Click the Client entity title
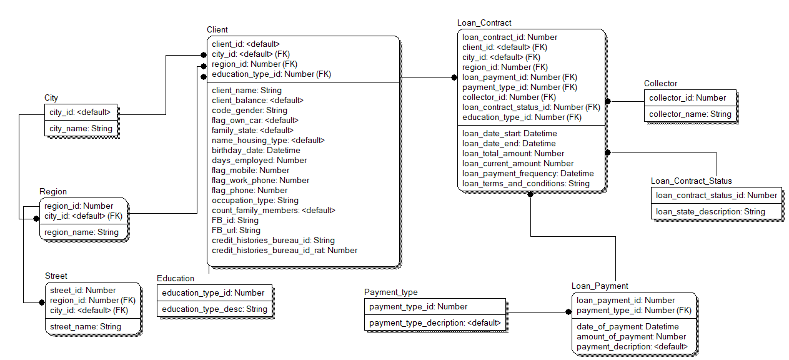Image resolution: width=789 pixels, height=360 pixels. (217, 29)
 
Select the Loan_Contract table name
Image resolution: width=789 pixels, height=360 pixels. (484, 23)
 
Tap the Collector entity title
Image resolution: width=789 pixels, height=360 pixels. (660, 84)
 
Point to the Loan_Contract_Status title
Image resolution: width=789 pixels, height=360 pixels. (691, 181)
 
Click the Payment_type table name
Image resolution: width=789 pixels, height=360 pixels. (390, 292)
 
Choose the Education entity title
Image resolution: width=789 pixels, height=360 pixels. (176, 279)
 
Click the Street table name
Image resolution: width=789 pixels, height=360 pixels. (56, 276)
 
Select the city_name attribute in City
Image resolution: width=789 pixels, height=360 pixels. (81, 129)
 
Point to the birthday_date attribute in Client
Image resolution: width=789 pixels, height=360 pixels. (256, 151)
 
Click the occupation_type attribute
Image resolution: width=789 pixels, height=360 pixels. (255, 201)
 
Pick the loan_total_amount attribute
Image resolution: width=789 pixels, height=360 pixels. (513, 154)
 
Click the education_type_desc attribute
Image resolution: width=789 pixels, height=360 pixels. (214, 309)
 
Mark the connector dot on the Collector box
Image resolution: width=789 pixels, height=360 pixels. (607, 101)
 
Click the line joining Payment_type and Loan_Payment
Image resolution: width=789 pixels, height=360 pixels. (537, 312)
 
